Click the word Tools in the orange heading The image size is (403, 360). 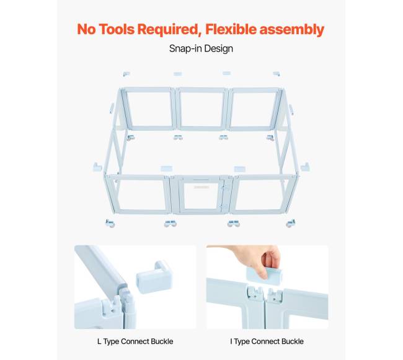[117, 29]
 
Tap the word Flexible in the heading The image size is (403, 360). [231, 29]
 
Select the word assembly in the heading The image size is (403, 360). [292, 30]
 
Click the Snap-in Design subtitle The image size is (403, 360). [201, 48]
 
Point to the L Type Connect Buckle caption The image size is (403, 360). [135, 341]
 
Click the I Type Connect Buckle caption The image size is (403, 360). [267, 341]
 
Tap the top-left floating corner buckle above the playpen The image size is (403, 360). [126, 74]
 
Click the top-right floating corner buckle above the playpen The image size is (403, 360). [277, 74]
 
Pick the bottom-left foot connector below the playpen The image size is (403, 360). [110, 223]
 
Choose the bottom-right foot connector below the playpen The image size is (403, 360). [291, 223]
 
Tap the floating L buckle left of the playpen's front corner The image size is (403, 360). [97, 167]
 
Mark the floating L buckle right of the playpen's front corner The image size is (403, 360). [305, 167]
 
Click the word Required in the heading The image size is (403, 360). [169, 30]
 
